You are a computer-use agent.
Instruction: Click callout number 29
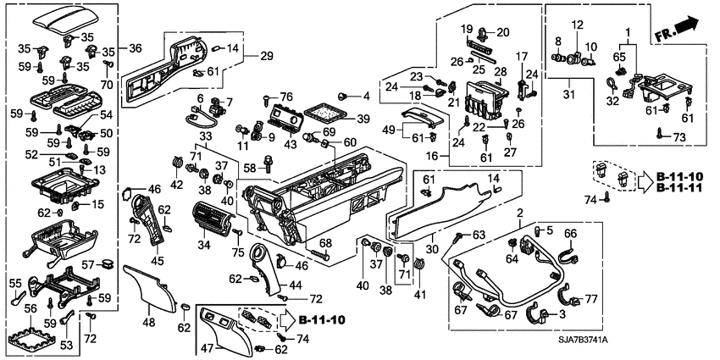[x=267, y=56]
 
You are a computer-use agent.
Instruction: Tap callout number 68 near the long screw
[x=325, y=244]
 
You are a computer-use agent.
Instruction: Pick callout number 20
[x=503, y=32]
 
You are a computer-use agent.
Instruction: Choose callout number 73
[x=678, y=136]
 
